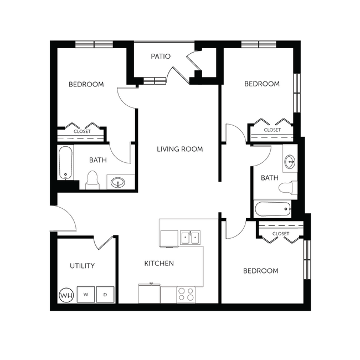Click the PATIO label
[x=161, y=56]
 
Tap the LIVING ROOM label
[x=179, y=149]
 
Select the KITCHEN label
[x=160, y=263]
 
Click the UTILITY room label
[x=82, y=266]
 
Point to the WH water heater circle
[x=66, y=295]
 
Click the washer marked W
[x=86, y=294]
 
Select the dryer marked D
[x=105, y=294]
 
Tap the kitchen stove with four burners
[x=185, y=294]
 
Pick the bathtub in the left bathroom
[x=65, y=163]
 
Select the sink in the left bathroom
[x=117, y=182]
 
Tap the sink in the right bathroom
[x=290, y=162]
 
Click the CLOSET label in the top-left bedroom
[x=82, y=131]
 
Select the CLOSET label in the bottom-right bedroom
[x=280, y=234]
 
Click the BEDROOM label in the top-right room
[x=262, y=84]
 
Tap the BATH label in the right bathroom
[x=270, y=178]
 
